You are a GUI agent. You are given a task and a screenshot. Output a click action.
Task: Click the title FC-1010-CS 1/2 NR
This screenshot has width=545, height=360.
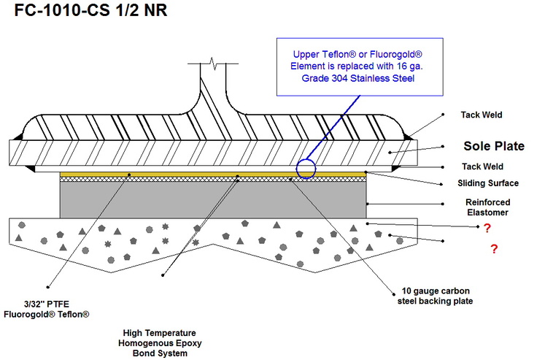tap(85, 14)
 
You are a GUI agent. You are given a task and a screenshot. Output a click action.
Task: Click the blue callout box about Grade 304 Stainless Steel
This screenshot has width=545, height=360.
tap(357, 66)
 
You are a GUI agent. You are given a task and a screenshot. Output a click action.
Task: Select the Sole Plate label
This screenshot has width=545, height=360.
tap(493, 146)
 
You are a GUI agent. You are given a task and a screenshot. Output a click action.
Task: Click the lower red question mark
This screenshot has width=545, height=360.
tap(494, 250)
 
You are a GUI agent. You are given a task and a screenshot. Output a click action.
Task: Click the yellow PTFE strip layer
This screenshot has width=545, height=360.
tap(212, 175)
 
